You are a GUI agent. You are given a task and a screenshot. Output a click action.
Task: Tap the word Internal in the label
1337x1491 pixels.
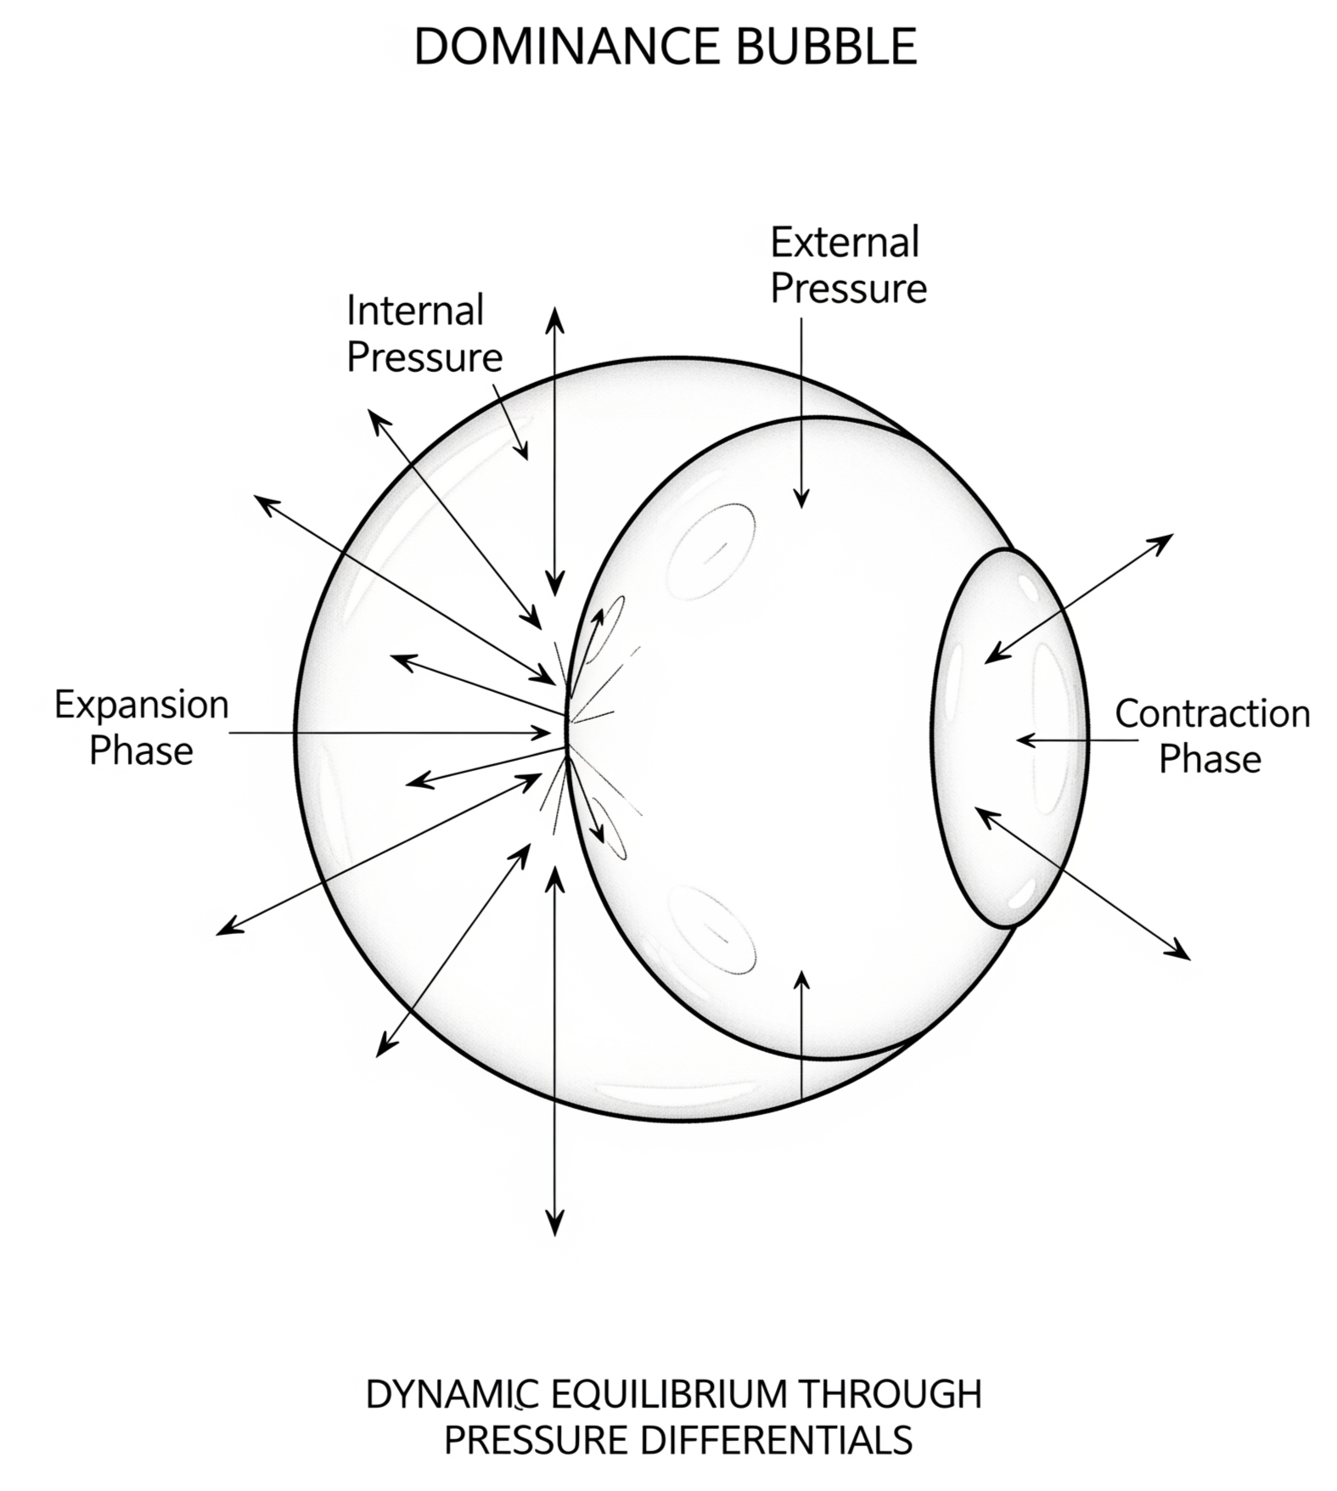tap(415, 311)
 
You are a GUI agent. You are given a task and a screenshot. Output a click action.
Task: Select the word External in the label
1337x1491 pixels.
tap(845, 243)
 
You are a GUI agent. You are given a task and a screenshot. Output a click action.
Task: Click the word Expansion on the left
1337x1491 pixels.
tap(142, 705)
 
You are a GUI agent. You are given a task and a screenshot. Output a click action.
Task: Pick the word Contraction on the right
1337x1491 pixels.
tap(1212, 713)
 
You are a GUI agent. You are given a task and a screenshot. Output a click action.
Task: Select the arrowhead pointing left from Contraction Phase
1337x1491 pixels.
tap(1024, 740)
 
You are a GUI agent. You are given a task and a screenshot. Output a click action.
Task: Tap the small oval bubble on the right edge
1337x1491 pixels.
tap(1008, 737)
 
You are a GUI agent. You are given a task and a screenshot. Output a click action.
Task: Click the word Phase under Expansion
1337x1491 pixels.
tap(142, 751)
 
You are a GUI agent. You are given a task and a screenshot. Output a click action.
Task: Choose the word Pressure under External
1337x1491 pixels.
tap(848, 289)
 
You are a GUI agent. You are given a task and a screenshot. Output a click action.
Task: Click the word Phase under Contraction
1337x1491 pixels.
tap(1210, 759)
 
